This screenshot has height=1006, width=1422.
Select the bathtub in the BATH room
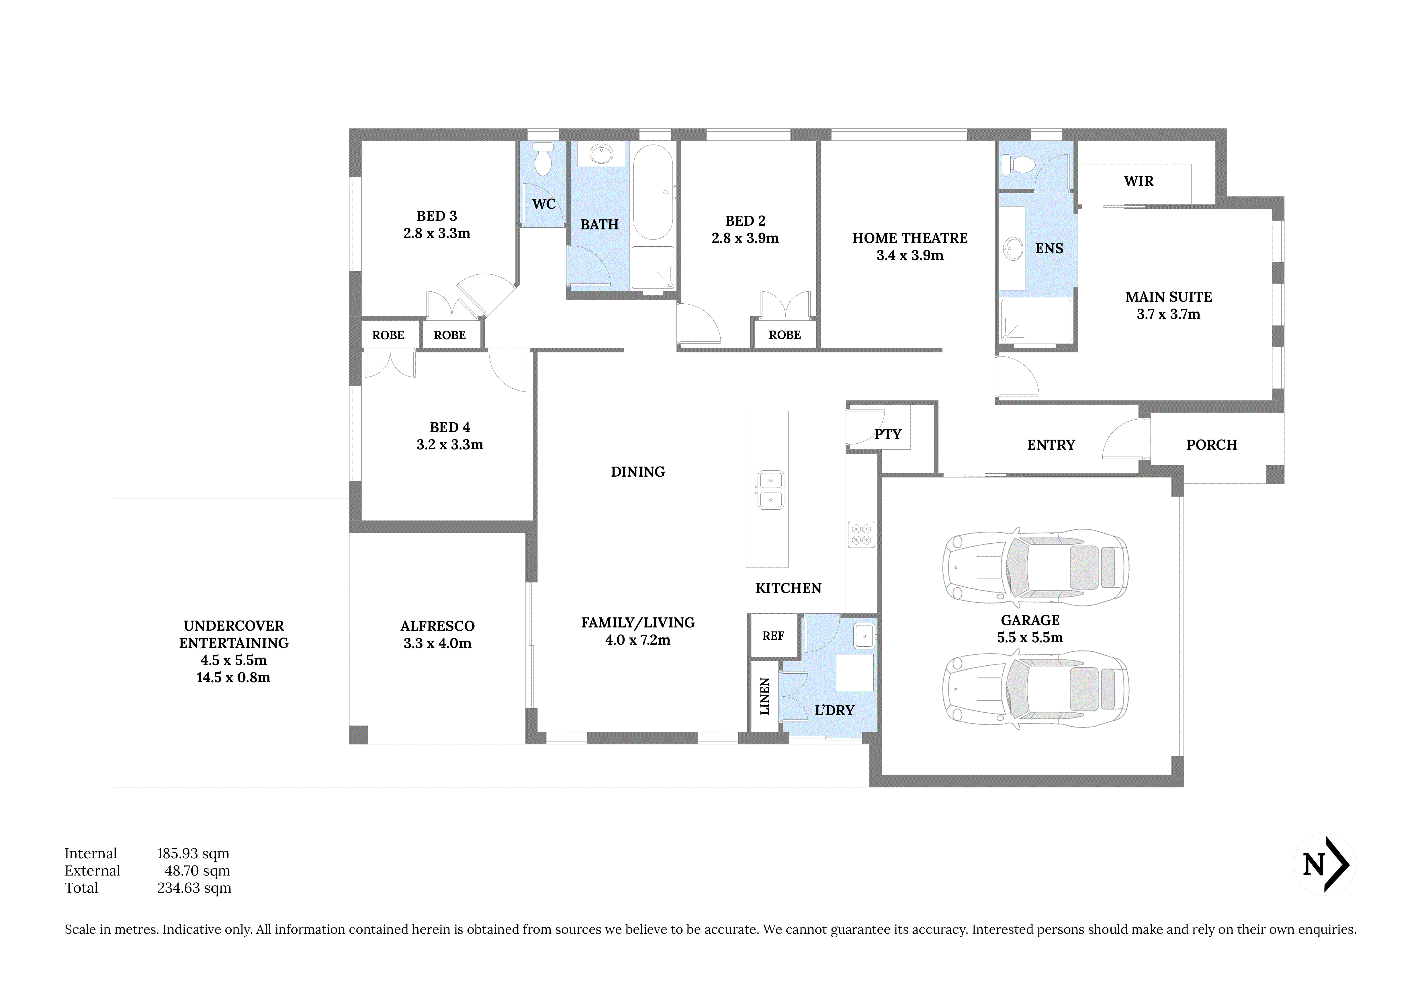pos(653,192)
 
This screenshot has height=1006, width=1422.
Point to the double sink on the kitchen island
pos(770,489)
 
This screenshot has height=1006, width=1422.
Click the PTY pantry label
pos(887,434)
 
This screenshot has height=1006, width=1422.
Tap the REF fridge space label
pos(773,635)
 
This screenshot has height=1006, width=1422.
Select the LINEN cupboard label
pos(765,696)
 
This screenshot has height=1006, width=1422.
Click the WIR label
pos(1138,181)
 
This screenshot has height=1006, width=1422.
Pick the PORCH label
pos(1211,445)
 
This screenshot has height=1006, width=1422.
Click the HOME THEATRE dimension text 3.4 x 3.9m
pos(910,255)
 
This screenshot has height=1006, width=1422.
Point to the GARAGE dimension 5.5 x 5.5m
pos(1030,637)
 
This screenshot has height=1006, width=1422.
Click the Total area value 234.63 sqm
pos(194,888)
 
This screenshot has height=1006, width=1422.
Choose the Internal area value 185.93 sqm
pos(193,854)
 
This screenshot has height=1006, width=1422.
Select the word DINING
pos(638,472)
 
